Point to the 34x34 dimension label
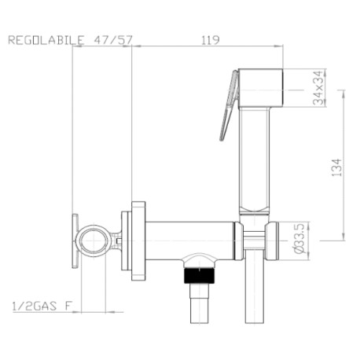[x=319, y=86]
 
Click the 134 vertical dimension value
[x=336, y=167]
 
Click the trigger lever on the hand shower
[x=229, y=102]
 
